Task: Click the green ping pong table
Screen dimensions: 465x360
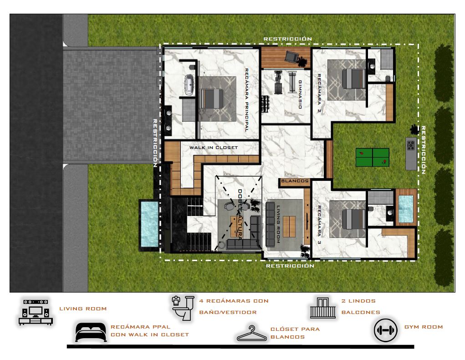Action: click(372, 157)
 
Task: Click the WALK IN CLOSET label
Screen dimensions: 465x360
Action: click(214, 148)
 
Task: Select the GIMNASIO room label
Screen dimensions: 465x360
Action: click(300, 94)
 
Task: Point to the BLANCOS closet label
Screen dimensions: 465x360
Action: click(295, 181)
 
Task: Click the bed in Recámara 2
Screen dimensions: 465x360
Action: click(353, 79)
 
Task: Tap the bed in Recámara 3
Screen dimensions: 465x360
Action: click(353, 219)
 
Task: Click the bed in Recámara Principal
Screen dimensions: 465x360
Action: click(212, 99)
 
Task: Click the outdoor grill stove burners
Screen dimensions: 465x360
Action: click(411, 145)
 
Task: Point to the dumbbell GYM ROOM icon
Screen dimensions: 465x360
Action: click(385, 330)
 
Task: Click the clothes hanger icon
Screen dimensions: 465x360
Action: click(252, 334)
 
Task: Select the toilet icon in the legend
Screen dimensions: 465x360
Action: click(183, 308)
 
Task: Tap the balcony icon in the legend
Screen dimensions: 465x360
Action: click(322, 308)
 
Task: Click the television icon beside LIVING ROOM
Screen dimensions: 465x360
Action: click(36, 312)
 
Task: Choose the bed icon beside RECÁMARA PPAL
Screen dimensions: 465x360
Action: click(91, 332)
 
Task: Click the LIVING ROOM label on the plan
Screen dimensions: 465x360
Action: click(278, 224)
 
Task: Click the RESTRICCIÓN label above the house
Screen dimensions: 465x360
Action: click(288, 39)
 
